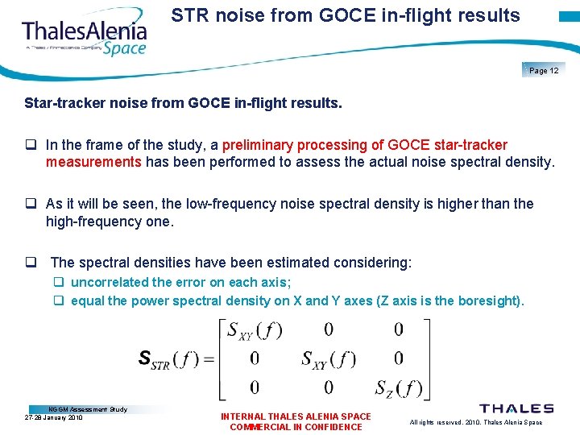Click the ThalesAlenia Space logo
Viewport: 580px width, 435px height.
pyautogui.click(x=85, y=36)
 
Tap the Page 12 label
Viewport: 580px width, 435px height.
pyautogui.click(x=544, y=71)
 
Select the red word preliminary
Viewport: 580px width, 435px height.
pyautogui.click(x=258, y=145)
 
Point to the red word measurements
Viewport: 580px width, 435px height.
pyautogui.click(x=93, y=162)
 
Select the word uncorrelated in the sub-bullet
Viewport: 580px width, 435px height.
pyautogui.click(x=110, y=282)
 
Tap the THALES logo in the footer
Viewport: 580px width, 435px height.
pyautogui.click(x=516, y=409)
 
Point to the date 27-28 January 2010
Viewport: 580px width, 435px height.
pyautogui.click(x=54, y=418)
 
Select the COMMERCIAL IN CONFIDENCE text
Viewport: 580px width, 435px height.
pyautogui.click(x=296, y=427)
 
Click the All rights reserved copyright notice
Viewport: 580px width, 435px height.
pyautogui.click(x=476, y=422)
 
